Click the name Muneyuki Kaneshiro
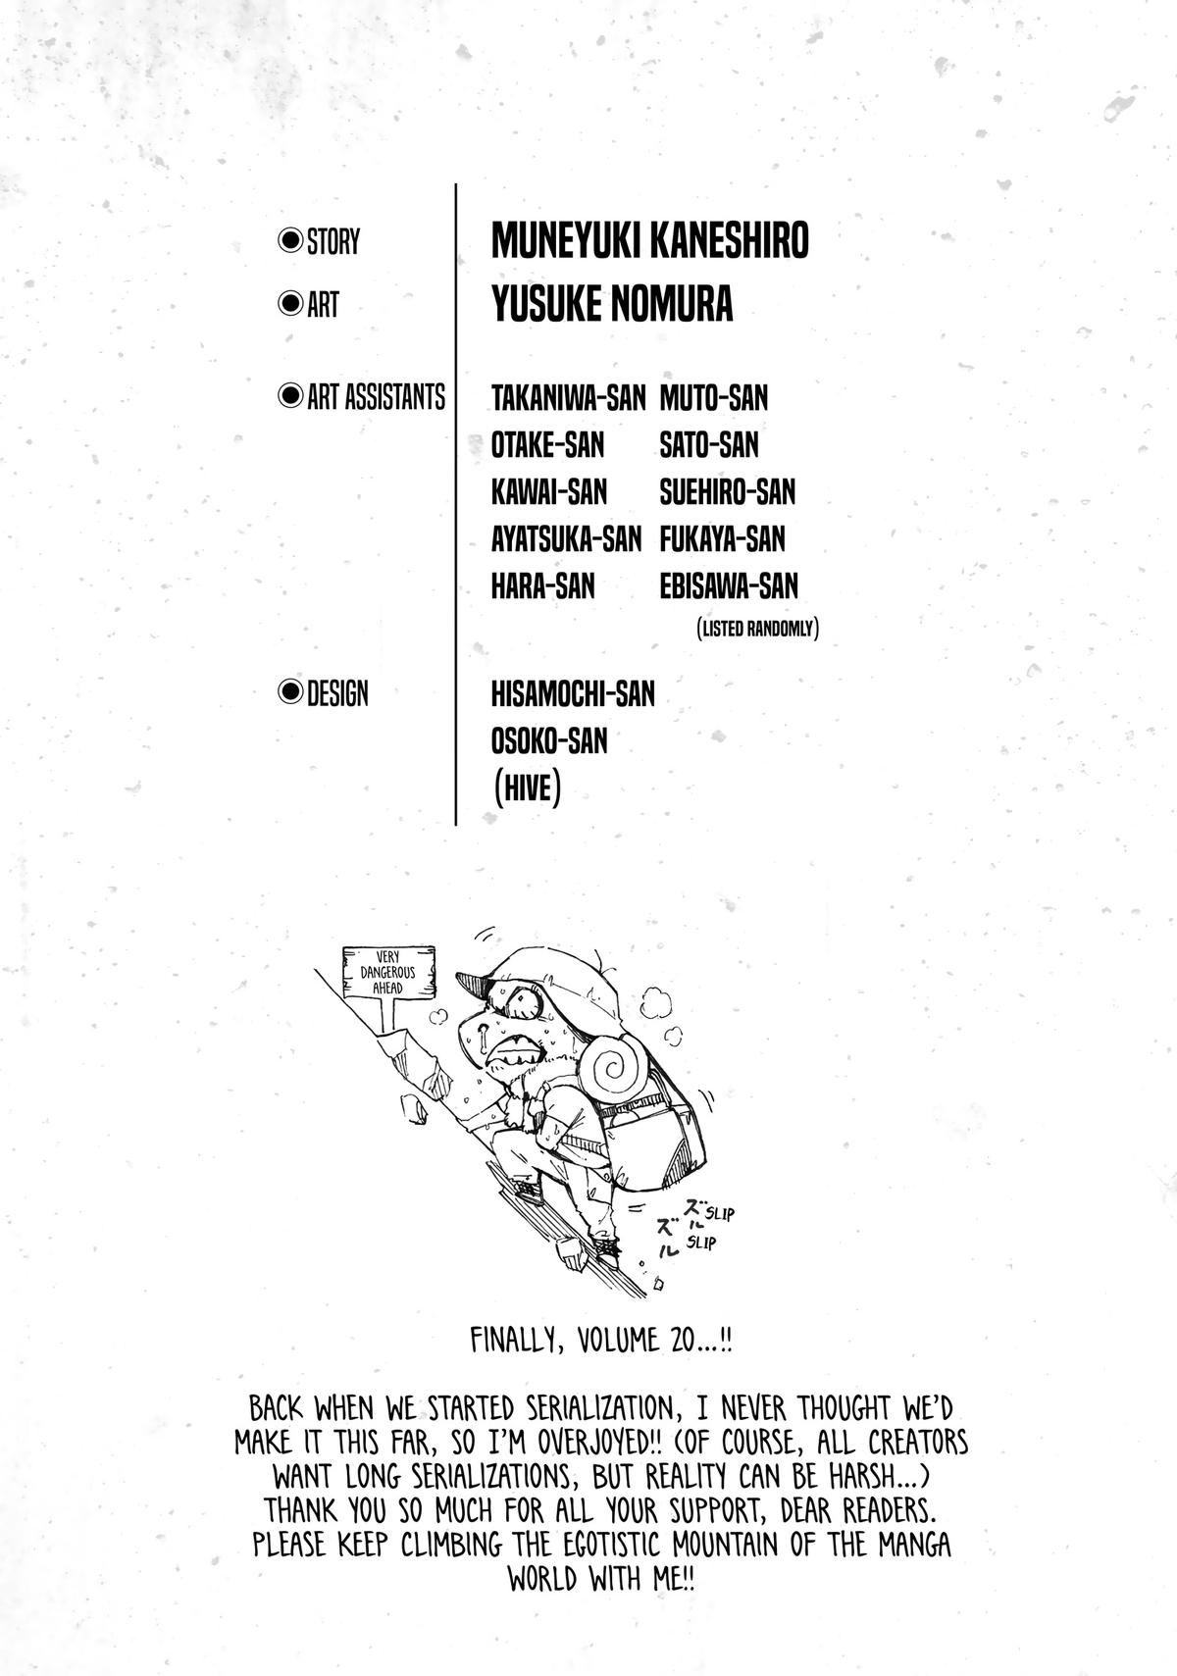[x=649, y=240]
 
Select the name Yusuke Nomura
[x=612, y=304]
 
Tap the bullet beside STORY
[x=290, y=240]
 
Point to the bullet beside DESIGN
[x=290, y=693]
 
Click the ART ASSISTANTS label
[x=376, y=397]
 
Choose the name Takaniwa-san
[x=568, y=397]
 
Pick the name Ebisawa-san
[x=729, y=585]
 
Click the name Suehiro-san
[x=727, y=491]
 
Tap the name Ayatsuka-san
[x=566, y=538]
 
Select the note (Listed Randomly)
[x=756, y=629]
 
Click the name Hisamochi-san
[x=573, y=693]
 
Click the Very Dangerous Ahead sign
[x=388, y=971]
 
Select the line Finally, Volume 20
[x=601, y=1340]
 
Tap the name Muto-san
[x=713, y=397]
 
